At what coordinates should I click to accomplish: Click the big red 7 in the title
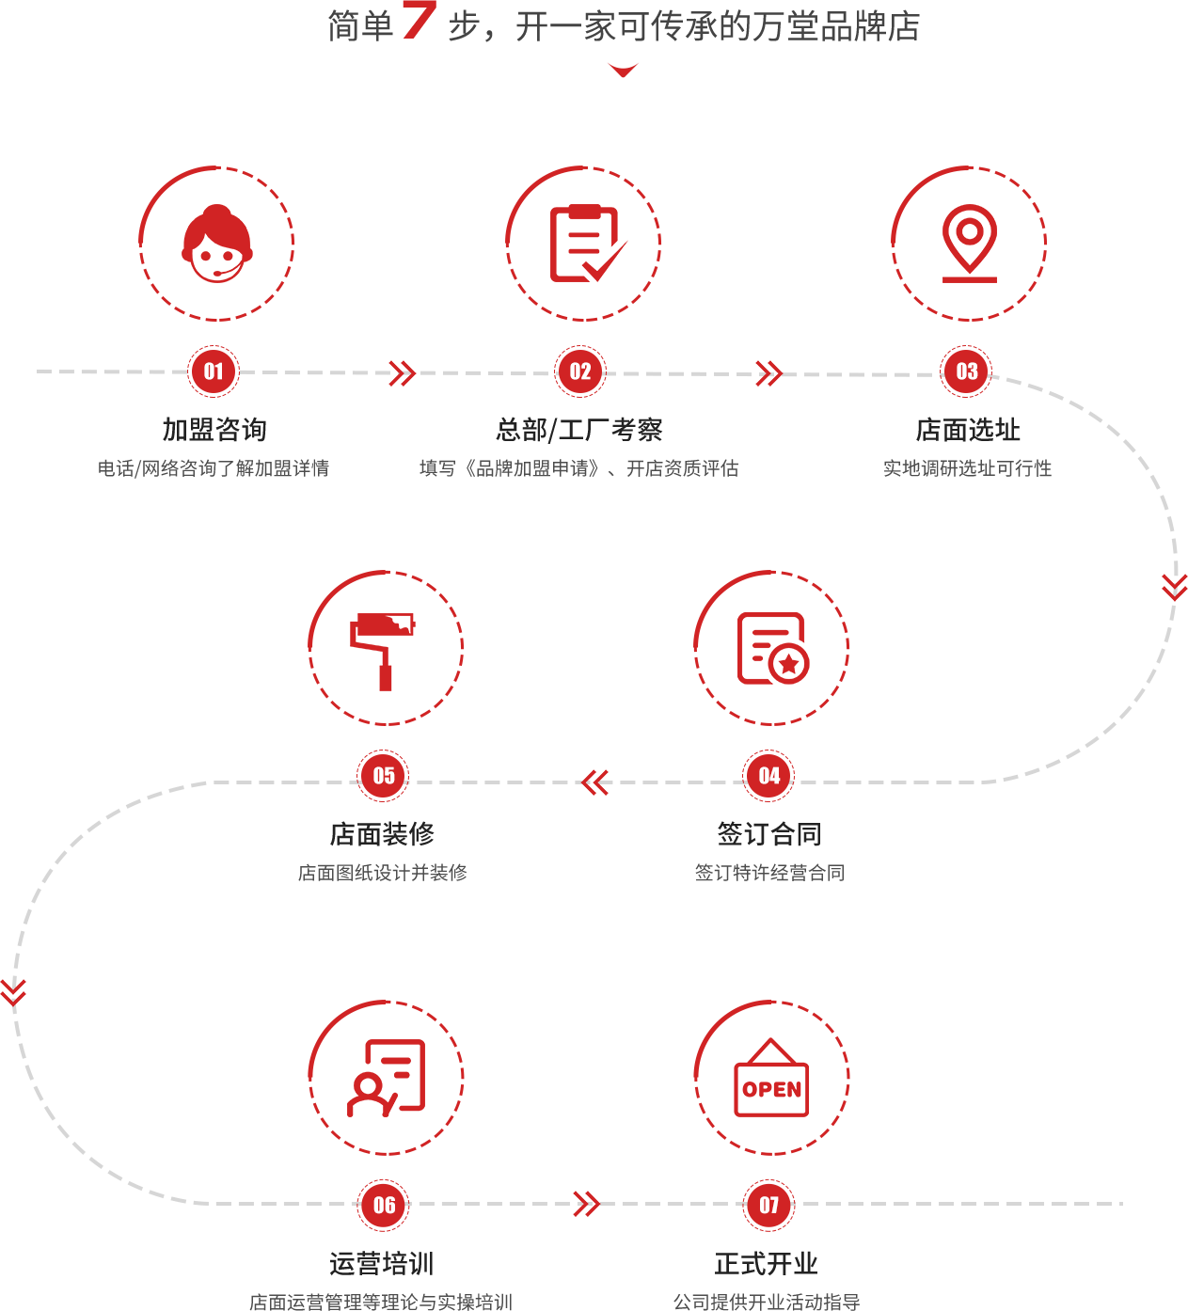click(x=418, y=21)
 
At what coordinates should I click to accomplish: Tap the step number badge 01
click(x=214, y=371)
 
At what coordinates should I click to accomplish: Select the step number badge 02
click(x=580, y=371)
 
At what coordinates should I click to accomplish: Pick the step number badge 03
click(x=966, y=371)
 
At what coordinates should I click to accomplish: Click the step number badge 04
click(x=768, y=776)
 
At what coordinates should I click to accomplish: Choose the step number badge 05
click(x=383, y=776)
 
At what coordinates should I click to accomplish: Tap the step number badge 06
click(x=383, y=1205)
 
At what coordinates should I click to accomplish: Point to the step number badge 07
click(x=768, y=1205)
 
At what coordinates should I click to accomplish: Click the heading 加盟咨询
click(x=214, y=430)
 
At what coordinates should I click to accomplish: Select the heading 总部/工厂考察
click(x=579, y=430)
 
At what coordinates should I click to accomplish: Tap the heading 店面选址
click(x=968, y=430)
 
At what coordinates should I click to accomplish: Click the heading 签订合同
click(x=769, y=834)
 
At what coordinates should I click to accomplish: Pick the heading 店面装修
click(x=383, y=834)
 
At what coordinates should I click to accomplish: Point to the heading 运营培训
click(x=382, y=1263)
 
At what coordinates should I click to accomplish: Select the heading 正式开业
click(x=767, y=1263)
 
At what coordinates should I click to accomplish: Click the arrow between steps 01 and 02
click(x=403, y=373)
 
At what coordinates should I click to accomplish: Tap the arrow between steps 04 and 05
click(x=595, y=782)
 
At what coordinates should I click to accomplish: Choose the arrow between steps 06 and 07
click(x=586, y=1204)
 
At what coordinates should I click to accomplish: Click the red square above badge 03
click(x=969, y=244)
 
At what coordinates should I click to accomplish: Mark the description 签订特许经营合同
click(x=769, y=873)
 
